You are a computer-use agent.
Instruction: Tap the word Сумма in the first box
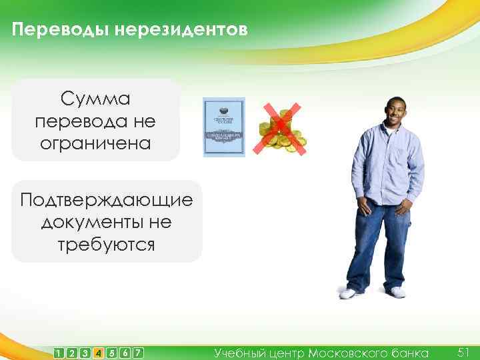[x=95, y=100]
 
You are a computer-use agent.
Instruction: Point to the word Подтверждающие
[x=107, y=200]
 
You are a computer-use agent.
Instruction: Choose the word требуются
[x=107, y=244]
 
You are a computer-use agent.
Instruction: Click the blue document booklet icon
[x=224, y=127]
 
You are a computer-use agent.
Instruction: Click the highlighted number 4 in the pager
[x=98, y=353]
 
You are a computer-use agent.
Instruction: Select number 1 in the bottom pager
[x=60, y=353]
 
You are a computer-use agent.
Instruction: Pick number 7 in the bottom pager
[x=137, y=353]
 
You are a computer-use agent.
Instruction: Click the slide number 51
[x=464, y=351]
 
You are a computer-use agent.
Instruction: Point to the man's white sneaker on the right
[x=397, y=292]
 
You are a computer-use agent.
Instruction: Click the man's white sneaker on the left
[x=349, y=293]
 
